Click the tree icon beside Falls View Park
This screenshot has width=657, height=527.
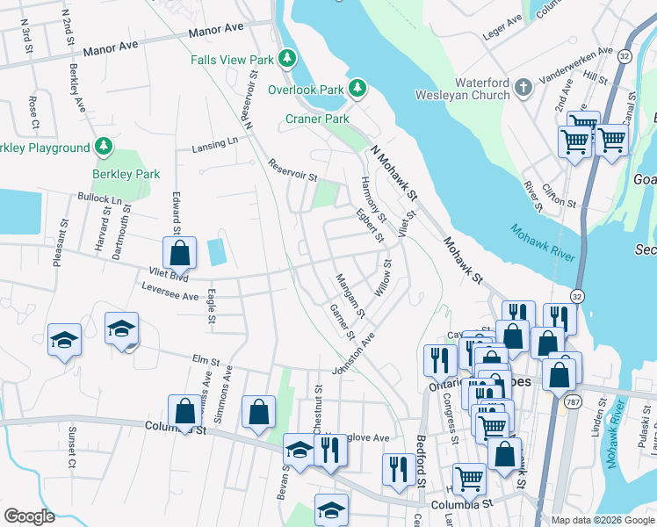click(286, 59)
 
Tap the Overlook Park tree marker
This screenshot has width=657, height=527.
click(357, 89)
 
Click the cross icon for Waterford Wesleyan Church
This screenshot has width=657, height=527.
click(523, 88)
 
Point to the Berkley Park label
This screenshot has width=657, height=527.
click(126, 174)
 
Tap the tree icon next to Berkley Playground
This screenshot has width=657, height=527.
click(104, 148)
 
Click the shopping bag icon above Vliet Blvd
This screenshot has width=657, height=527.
click(179, 254)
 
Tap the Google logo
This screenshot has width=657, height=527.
click(29, 516)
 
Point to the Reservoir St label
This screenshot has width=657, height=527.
click(292, 170)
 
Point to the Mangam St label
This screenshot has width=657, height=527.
click(350, 296)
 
